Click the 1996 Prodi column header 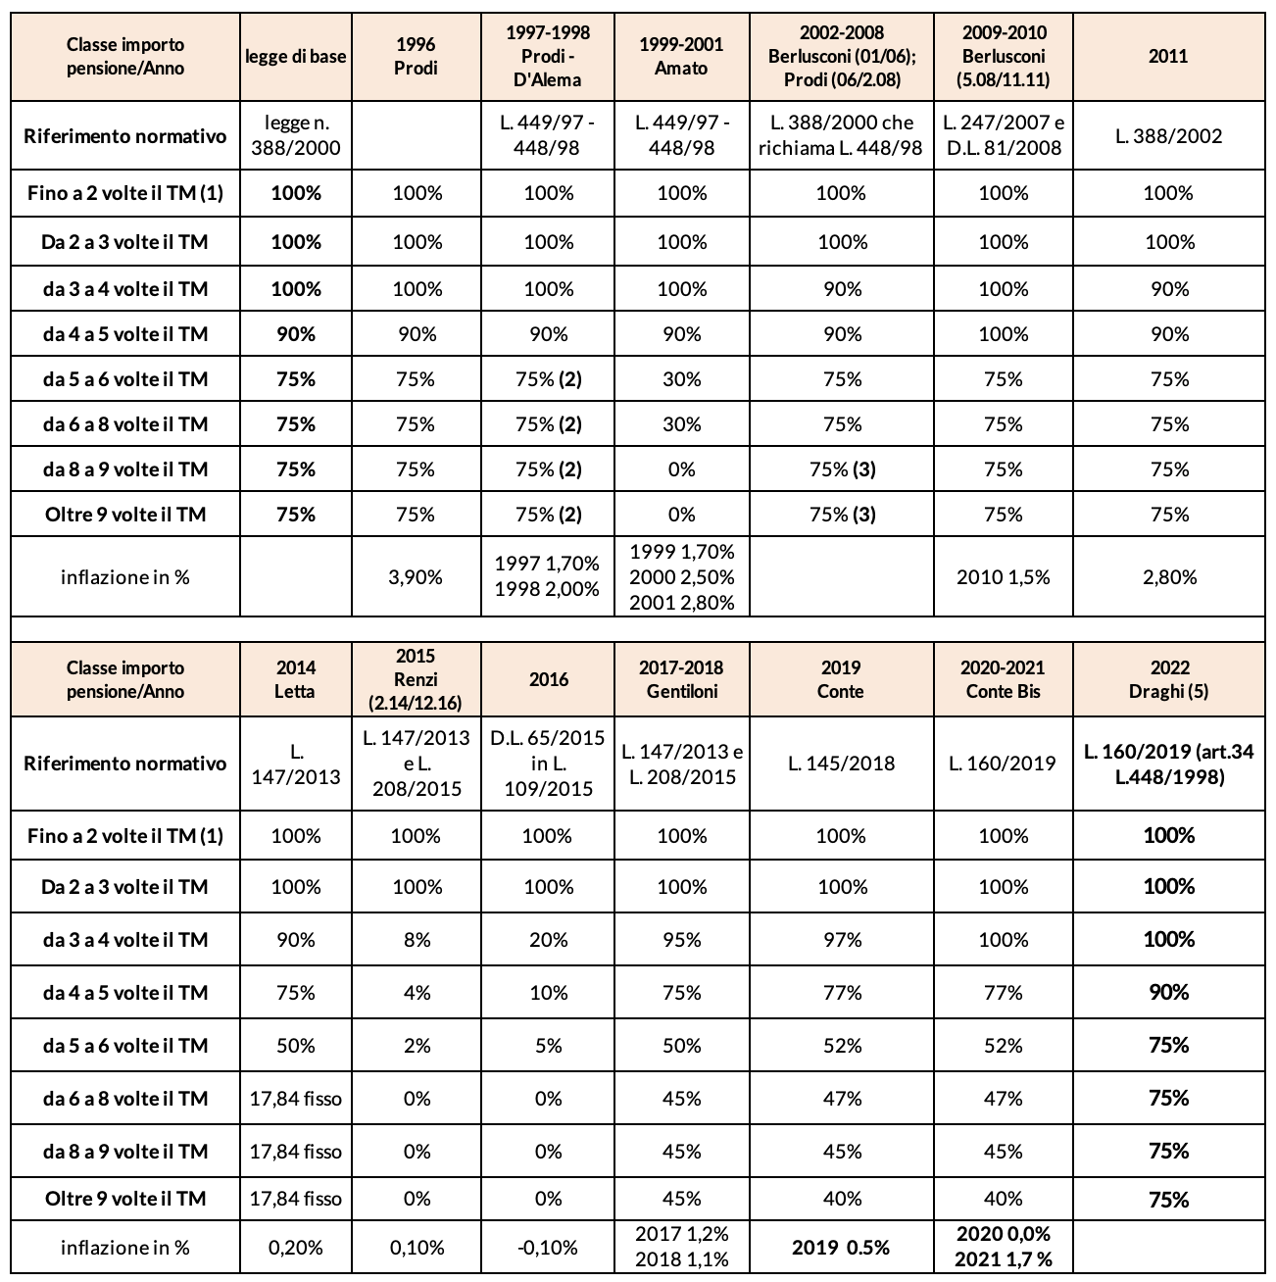click(x=417, y=57)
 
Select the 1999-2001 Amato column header click(x=681, y=57)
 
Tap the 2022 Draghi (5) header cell click(x=1168, y=679)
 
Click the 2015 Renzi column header click(x=417, y=679)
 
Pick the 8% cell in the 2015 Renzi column click(x=417, y=940)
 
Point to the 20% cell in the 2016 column click(x=548, y=940)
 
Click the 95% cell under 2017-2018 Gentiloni click(x=681, y=940)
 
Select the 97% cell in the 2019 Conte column click(x=841, y=940)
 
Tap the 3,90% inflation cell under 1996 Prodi click(x=417, y=577)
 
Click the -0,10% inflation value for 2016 click(x=548, y=1248)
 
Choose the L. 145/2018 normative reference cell click(x=841, y=764)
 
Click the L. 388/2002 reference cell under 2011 click(x=1168, y=136)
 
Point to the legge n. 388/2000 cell click(x=295, y=136)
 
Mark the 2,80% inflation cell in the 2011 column click(x=1168, y=577)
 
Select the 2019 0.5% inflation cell click(x=841, y=1248)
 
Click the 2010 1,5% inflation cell click(x=1003, y=577)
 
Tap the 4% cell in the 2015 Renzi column click(x=417, y=993)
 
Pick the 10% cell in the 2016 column click(x=548, y=993)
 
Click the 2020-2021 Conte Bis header click(x=1003, y=679)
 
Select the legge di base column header click(x=295, y=57)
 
